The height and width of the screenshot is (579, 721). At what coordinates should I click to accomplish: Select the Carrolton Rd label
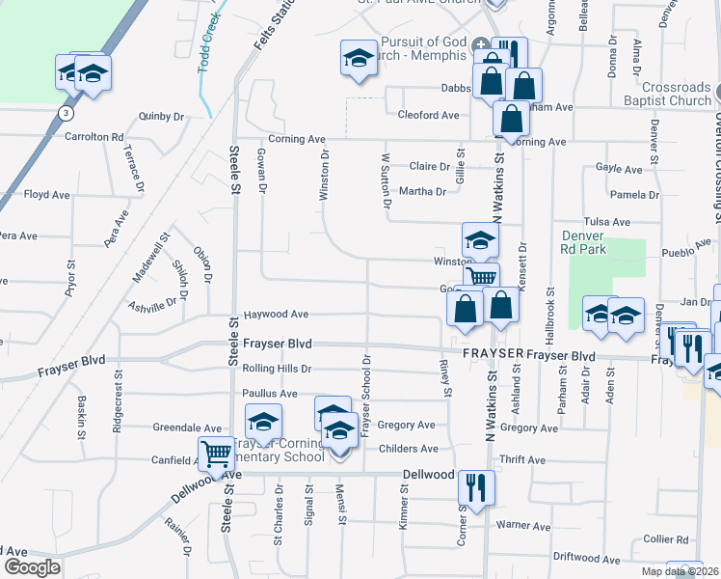click(x=94, y=137)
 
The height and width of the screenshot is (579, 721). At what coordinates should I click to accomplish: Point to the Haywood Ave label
click(x=276, y=315)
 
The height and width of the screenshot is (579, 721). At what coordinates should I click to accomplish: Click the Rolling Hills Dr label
click(x=278, y=369)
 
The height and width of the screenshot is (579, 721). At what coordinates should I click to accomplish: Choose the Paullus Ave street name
click(x=270, y=394)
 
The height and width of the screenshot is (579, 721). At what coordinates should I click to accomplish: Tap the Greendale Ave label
click(x=188, y=427)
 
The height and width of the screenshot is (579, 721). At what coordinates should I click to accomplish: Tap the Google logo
click(x=32, y=567)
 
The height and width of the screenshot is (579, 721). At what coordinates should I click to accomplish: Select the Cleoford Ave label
click(x=429, y=115)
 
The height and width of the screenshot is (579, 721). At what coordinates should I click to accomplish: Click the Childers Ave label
click(x=409, y=449)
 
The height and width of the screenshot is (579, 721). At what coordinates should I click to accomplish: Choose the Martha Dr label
click(x=423, y=191)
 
